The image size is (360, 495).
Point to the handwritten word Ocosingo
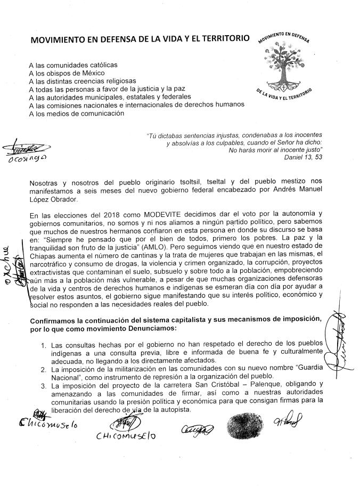pyautogui.click(x=26, y=159)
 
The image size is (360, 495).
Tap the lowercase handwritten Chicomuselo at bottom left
pyautogui.click(x=48, y=424)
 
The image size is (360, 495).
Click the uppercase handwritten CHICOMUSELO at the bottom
pyautogui.click(x=123, y=436)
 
